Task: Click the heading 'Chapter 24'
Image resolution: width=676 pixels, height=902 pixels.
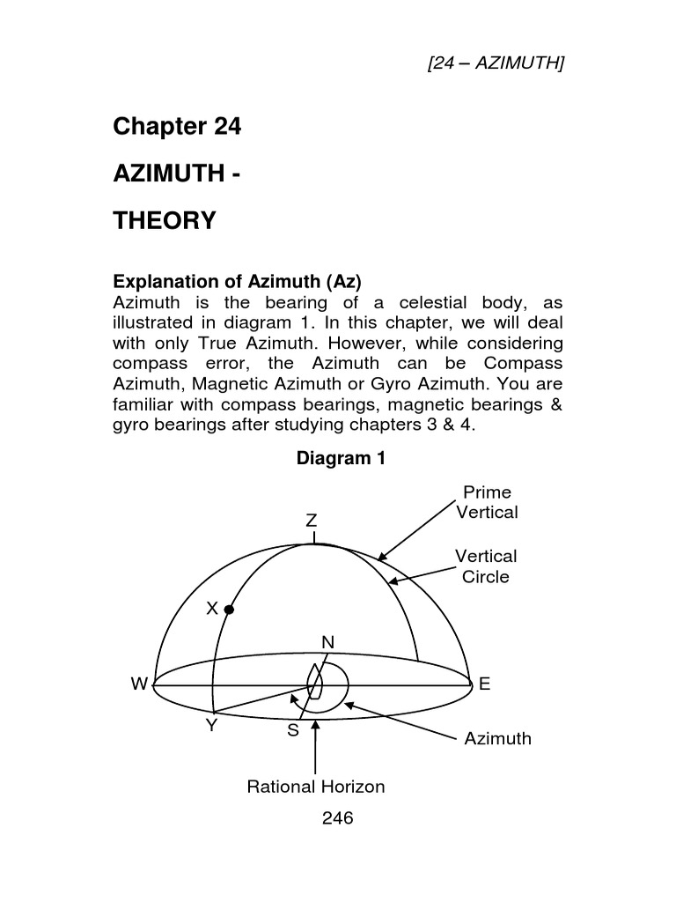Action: click(177, 127)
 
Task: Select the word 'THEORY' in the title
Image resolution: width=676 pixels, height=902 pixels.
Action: click(165, 220)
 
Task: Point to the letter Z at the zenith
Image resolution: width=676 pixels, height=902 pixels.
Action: click(312, 520)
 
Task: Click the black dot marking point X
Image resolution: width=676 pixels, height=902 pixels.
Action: click(229, 609)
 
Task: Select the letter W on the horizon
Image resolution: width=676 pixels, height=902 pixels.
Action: click(137, 684)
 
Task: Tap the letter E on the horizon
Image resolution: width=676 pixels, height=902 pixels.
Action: click(483, 684)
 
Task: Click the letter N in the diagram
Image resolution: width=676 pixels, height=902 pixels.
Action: click(327, 643)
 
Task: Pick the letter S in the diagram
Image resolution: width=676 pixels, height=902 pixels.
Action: click(293, 730)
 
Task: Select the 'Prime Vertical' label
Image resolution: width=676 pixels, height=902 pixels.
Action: click(487, 502)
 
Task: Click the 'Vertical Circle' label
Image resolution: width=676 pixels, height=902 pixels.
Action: click(486, 566)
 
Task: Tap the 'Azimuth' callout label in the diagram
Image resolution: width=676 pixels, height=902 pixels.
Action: click(498, 738)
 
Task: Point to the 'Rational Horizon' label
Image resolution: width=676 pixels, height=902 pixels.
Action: click(316, 787)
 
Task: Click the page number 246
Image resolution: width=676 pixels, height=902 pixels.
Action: click(337, 818)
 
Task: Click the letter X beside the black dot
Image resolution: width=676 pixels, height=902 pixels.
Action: click(212, 608)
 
